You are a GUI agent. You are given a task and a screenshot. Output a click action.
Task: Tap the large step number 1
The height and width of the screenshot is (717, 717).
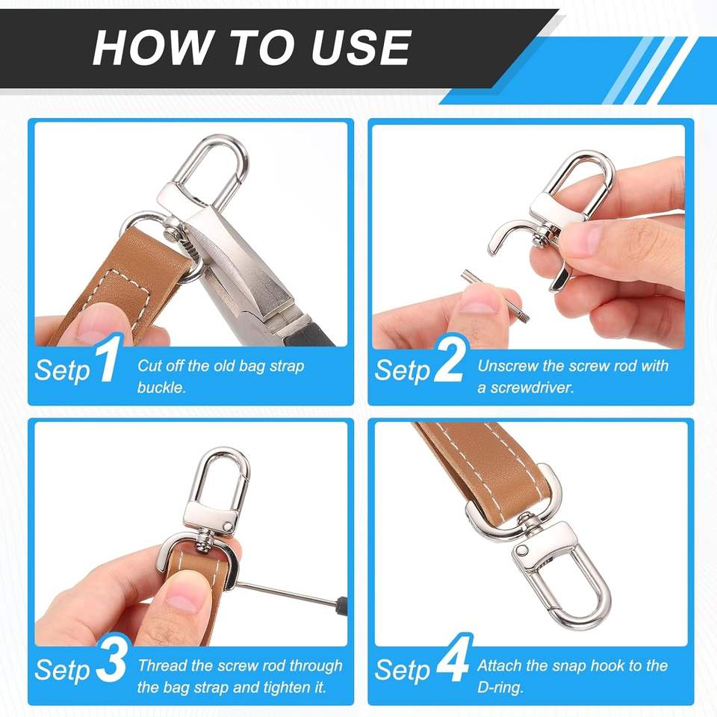tap(108, 359)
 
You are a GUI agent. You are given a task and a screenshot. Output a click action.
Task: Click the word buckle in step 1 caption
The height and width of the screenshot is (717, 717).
tap(161, 388)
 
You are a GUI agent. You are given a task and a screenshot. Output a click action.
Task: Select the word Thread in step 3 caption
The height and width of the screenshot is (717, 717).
tap(162, 665)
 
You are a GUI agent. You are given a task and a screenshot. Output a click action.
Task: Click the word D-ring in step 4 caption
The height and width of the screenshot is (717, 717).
tap(500, 687)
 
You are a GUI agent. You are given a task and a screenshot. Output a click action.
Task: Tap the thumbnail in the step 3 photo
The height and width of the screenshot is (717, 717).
tap(185, 597)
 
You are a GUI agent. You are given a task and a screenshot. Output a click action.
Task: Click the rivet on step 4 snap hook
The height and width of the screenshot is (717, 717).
tap(523, 550)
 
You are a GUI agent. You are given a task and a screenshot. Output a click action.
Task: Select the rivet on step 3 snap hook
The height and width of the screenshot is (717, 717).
tap(226, 527)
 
